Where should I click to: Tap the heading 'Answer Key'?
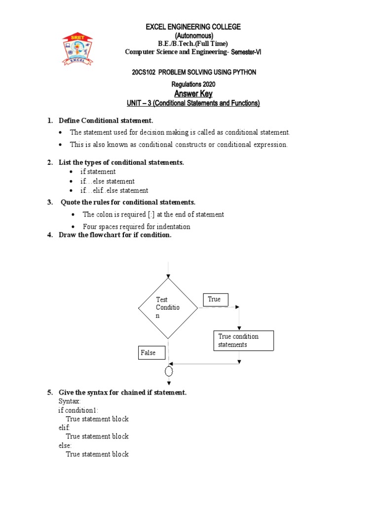pyautogui.click(x=193, y=94)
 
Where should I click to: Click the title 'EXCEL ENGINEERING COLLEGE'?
pyautogui.click(x=193, y=27)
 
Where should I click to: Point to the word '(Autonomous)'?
pyautogui.click(x=193, y=36)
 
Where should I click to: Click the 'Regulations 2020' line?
pyautogui.click(x=193, y=84)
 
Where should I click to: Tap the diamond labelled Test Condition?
pyautogui.click(x=168, y=308)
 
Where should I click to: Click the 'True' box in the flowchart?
pyautogui.click(x=215, y=299)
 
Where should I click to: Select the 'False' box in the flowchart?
pyautogui.click(x=152, y=353)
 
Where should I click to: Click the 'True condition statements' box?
pyautogui.click(x=243, y=341)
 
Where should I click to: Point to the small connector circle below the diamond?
pyautogui.click(x=169, y=371)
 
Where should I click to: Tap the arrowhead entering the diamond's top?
pyautogui.click(x=169, y=276)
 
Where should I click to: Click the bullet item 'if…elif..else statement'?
pyautogui.click(x=114, y=190)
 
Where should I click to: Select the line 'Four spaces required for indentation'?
pyautogui.click(x=136, y=227)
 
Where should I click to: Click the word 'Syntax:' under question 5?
pyautogui.click(x=69, y=401)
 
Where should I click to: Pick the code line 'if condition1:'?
pyautogui.click(x=78, y=410)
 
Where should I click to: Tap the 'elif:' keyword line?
pyautogui.click(x=64, y=428)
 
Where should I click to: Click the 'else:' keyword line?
pyautogui.click(x=65, y=445)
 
